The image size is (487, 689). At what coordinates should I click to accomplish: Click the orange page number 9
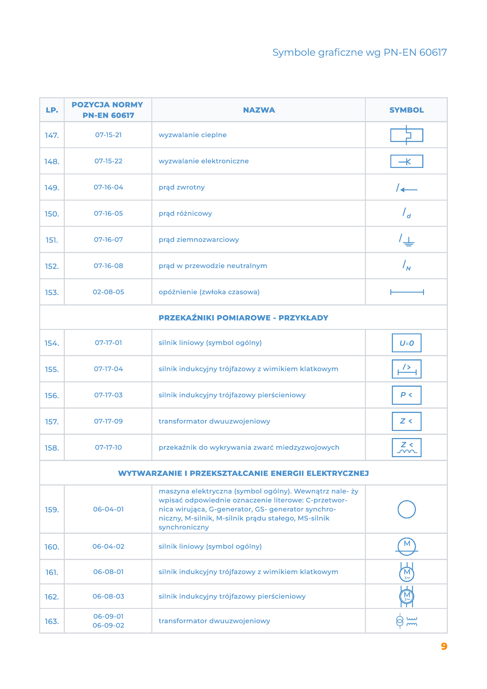click(x=444, y=646)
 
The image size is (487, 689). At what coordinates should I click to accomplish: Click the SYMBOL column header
click(x=406, y=110)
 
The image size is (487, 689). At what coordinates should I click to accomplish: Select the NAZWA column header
click(x=259, y=110)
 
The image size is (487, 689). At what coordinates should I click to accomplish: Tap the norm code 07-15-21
click(x=108, y=135)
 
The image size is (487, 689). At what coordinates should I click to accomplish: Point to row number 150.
click(x=52, y=214)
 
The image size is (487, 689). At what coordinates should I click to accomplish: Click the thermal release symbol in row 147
click(x=406, y=135)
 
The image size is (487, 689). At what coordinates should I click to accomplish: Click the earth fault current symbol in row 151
click(x=407, y=240)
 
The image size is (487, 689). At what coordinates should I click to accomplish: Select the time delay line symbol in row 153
click(x=407, y=292)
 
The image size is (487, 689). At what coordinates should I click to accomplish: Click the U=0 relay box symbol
click(x=406, y=343)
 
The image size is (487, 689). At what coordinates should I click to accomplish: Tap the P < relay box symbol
click(x=406, y=395)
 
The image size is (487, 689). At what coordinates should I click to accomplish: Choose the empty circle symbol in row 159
click(x=406, y=510)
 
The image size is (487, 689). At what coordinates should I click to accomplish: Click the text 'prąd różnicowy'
click(x=185, y=214)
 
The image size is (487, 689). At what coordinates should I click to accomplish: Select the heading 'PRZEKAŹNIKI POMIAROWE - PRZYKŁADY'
click(x=243, y=318)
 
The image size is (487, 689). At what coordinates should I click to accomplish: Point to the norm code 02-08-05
click(x=108, y=292)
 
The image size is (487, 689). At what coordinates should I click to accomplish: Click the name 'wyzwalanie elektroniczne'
click(x=204, y=161)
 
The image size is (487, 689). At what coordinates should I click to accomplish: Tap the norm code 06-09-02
click(x=108, y=626)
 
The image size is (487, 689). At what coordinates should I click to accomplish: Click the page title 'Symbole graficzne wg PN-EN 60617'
click(x=359, y=52)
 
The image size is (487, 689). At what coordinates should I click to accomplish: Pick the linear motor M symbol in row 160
click(x=406, y=546)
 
